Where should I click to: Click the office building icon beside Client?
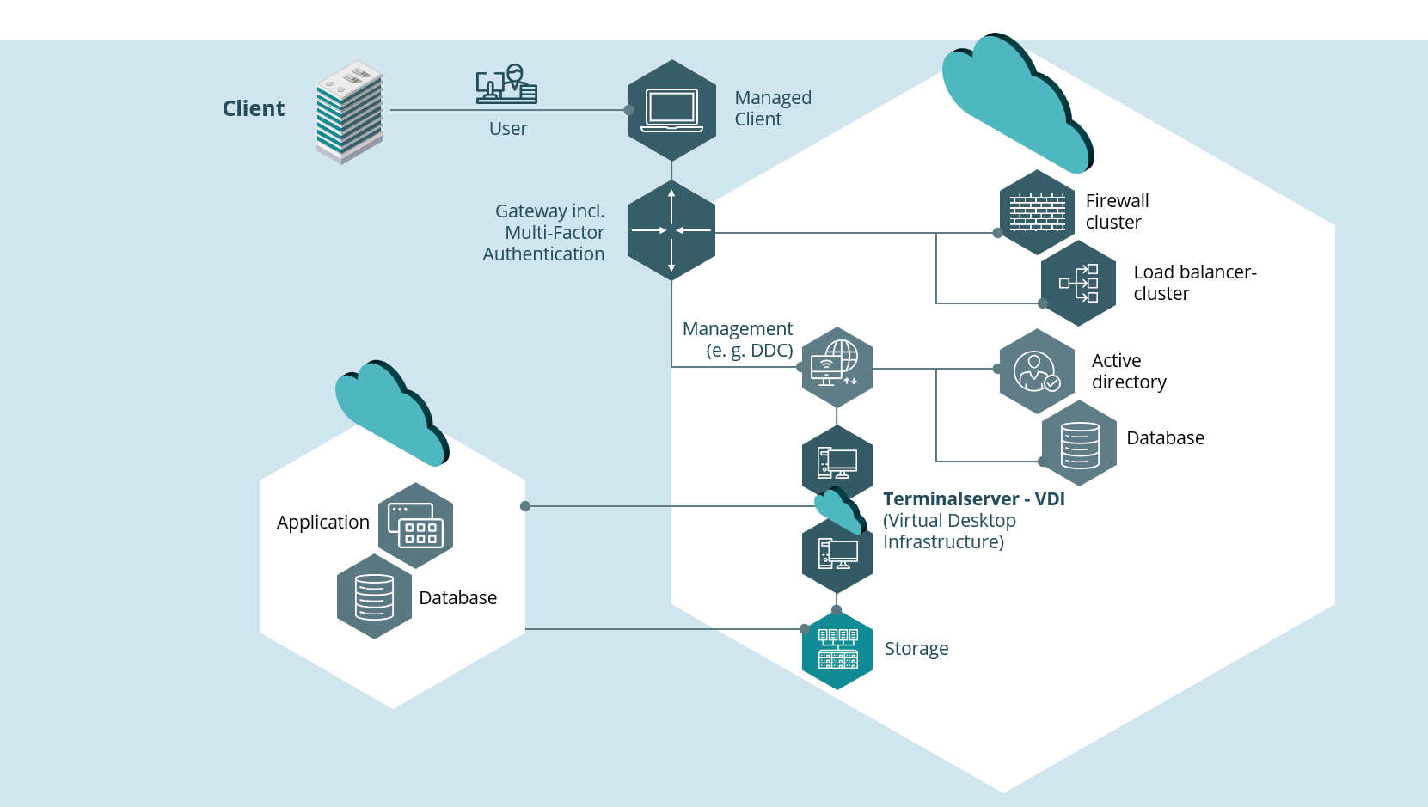[x=349, y=113]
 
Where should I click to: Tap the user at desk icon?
[x=507, y=83]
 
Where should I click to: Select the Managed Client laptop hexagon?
[x=672, y=110]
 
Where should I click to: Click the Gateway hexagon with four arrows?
[x=671, y=230]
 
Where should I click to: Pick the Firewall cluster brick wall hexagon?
[x=1037, y=212]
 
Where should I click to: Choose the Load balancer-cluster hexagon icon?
[x=1079, y=283]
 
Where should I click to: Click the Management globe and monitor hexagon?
[x=837, y=367]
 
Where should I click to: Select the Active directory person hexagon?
[x=1037, y=371]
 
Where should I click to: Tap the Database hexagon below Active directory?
[x=1079, y=443]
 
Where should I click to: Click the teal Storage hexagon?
[x=837, y=650]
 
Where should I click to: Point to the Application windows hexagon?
[x=415, y=525]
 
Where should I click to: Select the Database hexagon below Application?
[x=374, y=596]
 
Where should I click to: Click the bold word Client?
[x=253, y=108]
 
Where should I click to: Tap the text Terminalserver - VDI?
[x=973, y=498]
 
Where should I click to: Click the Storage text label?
[x=916, y=648]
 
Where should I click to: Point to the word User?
[x=508, y=128]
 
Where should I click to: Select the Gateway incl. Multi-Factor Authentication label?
[x=544, y=232]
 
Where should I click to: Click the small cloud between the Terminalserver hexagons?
[x=841, y=510]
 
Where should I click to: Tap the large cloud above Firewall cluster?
[x=1018, y=102]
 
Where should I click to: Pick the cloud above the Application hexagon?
[x=392, y=413]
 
